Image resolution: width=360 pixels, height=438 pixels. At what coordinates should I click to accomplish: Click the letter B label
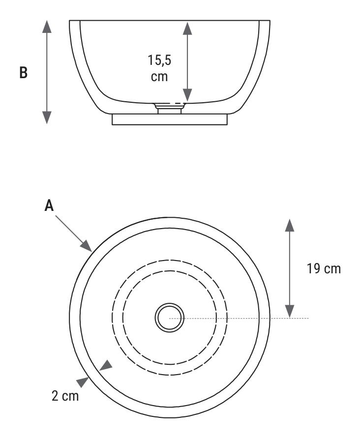[x=24, y=73]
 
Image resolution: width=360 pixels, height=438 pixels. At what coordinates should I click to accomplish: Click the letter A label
[x=49, y=205]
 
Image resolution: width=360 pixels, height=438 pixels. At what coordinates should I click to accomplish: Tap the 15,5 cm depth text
[x=159, y=68]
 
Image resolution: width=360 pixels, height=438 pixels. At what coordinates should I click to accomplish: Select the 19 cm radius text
[x=324, y=269]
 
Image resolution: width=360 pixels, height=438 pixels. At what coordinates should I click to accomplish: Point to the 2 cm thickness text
[x=65, y=396]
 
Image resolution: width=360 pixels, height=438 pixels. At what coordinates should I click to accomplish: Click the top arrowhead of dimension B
[x=47, y=27]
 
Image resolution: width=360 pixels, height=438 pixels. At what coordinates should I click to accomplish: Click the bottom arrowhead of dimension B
[x=47, y=117]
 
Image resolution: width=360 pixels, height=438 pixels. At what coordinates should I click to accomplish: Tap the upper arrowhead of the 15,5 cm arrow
[x=187, y=29]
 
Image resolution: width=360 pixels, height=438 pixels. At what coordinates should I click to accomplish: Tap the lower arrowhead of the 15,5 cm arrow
[x=187, y=95]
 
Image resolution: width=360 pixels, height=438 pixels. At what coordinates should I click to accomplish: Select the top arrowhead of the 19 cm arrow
[x=290, y=226]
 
